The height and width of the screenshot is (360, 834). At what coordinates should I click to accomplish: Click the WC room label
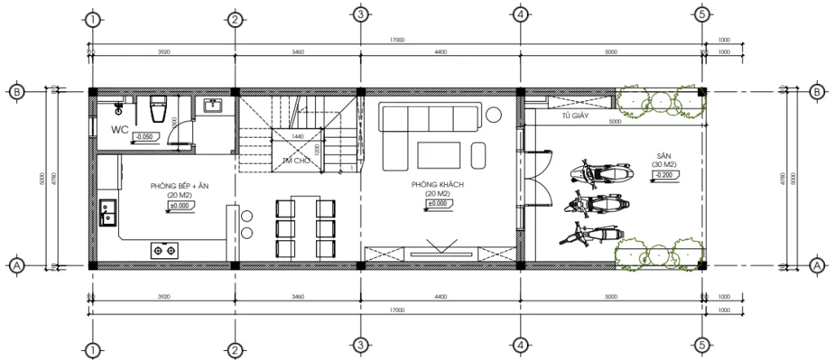pyautogui.click(x=119, y=130)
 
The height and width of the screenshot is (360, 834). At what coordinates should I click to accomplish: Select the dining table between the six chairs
pyautogui.click(x=296, y=226)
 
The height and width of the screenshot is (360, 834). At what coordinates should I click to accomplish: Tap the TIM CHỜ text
pyautogui.click(x=293, y=160)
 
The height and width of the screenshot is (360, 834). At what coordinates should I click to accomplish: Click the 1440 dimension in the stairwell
pyautogui.click(x=297, y=136)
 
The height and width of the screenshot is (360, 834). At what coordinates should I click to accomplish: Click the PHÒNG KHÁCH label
pyautogui.click(x=437, y=186)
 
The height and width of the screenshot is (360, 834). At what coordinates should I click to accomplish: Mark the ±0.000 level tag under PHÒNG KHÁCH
pyautogui.click(x=438, y=204)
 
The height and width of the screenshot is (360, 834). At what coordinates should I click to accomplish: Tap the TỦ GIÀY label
pyautogui.click(x=575, y=116)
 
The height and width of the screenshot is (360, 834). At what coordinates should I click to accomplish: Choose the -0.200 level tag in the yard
pyautogui.click(x=664, y=174)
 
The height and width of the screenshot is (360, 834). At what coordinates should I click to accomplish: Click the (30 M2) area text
pyautogui.click(x=662, y=165)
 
